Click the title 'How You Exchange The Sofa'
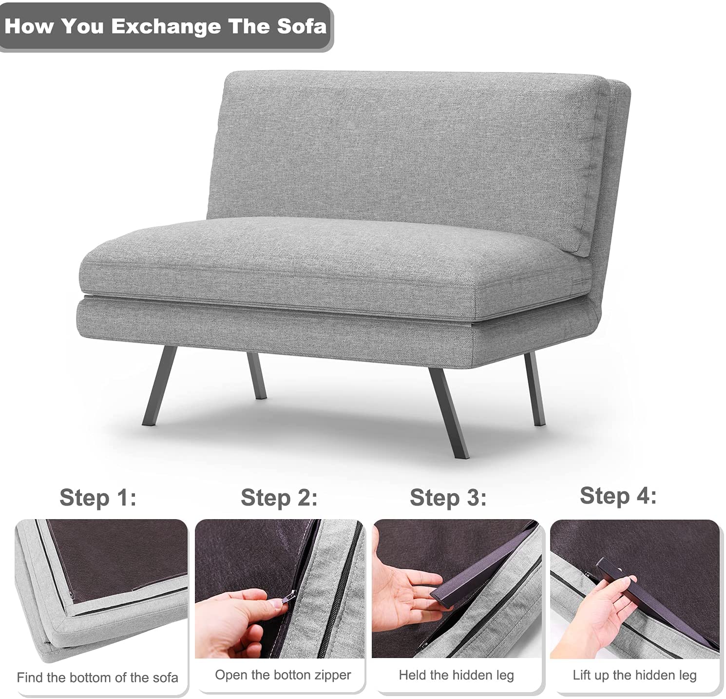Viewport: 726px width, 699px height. [x=166, y=26]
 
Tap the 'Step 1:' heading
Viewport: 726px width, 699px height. [x=98, y=498]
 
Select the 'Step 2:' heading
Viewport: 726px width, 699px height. [x=279, y=498]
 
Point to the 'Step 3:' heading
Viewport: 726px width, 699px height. [x=448, y=498]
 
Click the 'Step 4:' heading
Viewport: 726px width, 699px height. [x=618, y=496]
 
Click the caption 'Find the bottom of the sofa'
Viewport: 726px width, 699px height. [x=97, y=678]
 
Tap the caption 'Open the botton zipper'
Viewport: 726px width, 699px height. [x=283, y=675]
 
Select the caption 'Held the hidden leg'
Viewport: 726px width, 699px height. [x=457, y=675]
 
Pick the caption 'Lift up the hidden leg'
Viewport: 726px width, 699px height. [x=635, y=675]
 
